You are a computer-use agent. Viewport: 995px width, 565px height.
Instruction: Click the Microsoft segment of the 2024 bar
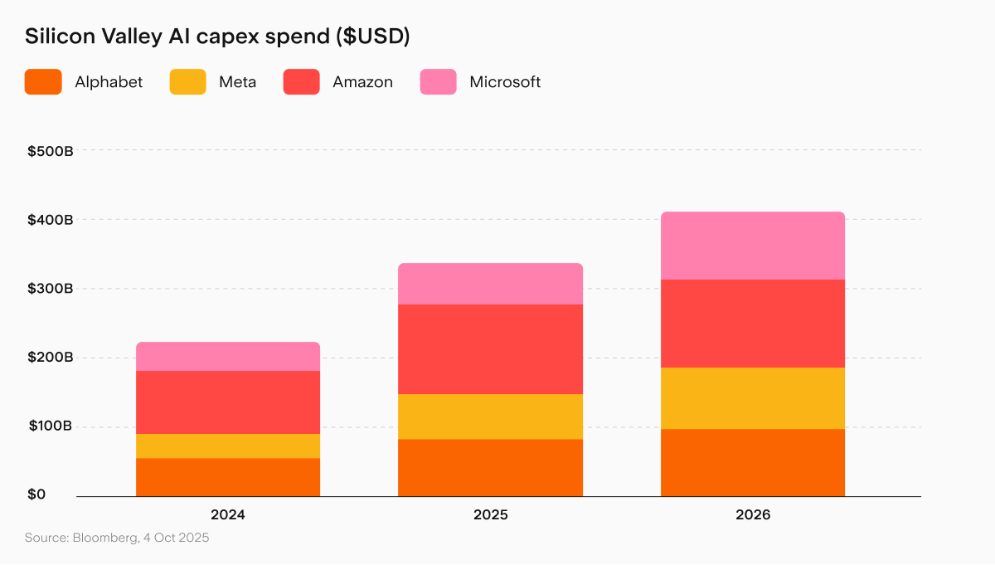[228, 357]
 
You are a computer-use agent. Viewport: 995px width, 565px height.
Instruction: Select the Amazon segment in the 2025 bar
[490, 349]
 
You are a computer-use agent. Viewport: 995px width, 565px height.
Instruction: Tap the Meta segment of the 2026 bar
[753, 398]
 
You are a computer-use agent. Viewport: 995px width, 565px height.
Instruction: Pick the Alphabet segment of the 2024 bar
[228, 477]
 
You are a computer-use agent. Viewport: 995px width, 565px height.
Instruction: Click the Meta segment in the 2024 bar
[228, 446]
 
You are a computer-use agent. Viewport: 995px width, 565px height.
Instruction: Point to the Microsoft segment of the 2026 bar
[753, 246]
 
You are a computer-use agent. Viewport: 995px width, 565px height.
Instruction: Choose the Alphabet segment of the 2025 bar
[490, 467]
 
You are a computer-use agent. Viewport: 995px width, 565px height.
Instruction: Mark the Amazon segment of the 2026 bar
[753, 324]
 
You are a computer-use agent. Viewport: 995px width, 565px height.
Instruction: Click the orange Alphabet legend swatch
[43, 82]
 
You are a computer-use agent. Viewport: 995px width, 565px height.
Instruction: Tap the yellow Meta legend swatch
[188, 82]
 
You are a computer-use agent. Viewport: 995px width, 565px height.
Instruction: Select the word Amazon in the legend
[362, 82]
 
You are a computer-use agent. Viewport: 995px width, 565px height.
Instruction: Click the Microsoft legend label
[505, 82]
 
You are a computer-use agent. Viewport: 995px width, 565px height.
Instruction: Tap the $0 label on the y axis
[36, 494]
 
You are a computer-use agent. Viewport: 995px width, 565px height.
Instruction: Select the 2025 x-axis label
[490, 514]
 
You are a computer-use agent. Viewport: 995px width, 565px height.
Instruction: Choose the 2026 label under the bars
[753, 514]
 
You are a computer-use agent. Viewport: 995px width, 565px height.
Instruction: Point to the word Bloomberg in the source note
[105, 538]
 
